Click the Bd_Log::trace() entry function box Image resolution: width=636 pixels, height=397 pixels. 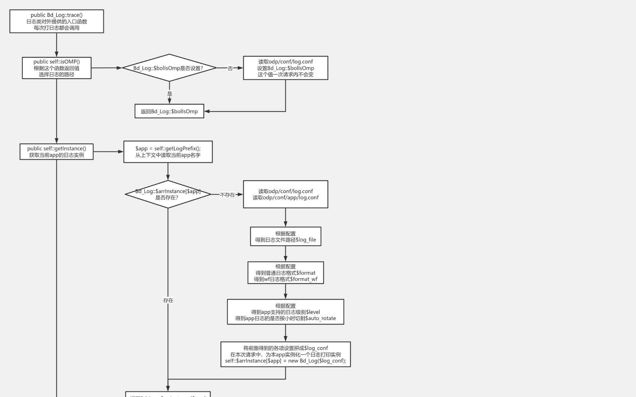click(57, 21)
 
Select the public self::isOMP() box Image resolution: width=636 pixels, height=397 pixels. click(57, 68)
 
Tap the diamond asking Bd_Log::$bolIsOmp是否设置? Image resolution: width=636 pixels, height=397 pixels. click(169, 68)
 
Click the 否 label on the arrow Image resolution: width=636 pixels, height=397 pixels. click(230, 68)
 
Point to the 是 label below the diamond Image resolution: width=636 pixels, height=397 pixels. click(170, 94)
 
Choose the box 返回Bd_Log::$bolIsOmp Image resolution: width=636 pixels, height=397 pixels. click(169, 111)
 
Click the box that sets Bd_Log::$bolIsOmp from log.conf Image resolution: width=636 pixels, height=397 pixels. click(286, 68)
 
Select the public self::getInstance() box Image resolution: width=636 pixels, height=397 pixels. click(57, 152)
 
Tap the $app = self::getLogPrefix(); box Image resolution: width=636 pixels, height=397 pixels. click(168, 152)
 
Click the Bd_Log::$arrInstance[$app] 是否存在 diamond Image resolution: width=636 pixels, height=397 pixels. click(168, 194)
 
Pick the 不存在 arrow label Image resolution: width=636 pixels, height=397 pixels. click(227, 195)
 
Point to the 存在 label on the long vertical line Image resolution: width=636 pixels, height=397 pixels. click(168, 300)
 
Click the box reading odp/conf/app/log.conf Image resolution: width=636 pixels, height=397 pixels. click(286, 194)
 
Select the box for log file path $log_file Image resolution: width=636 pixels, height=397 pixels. click(286, 236)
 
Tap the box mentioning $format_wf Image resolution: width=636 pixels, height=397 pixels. click(286, 273)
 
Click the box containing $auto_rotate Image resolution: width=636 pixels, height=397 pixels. click(286, 312)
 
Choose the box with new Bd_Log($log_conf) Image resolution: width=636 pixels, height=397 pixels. click(286, 354)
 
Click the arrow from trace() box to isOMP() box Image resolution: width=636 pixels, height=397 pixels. click(57, 45)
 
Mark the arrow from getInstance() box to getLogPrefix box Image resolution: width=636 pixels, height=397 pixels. click(108, 152)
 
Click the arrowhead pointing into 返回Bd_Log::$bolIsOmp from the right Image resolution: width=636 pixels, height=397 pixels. click(207, 111)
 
